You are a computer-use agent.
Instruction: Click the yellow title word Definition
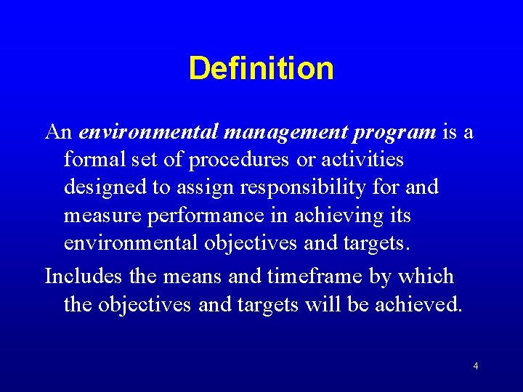pos(261,69)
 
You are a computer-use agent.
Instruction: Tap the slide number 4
pos(475,367)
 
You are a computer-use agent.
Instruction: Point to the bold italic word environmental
pos(150,132)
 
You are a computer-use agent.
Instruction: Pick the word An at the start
pos(58,132)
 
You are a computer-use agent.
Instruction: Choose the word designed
pos(106,187)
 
